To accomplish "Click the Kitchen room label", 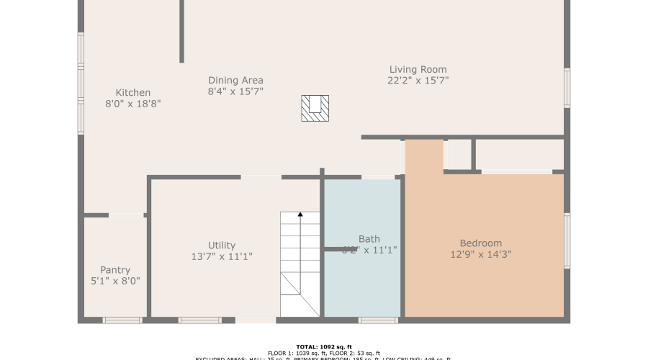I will pyautogui.click(x=133, y=92).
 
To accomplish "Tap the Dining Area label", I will pyautogui.click(x=235, y=80).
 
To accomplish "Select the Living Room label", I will pyautogui.click(x=418, y=69).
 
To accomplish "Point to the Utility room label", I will pyautogui.click(x=221, y=246).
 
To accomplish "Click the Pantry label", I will pyautogui.click(x=115, y=270).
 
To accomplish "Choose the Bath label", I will pyautogui.click(x=369, y=239).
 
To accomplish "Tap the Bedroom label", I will pyautogui.click(x=481, y=243).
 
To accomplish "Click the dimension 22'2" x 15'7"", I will pyautogui.click(x=418, y=81).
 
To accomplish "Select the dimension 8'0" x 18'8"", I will pyautogui.click(x=133, y=104).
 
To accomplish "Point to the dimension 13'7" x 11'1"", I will pyautogui.click(x=221, y=256).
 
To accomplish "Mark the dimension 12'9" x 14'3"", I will pyautogui.click(x=481, y=254).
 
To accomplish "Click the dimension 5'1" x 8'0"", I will pyautogui.click(x=115, y=281).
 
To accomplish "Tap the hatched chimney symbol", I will pyautogui.click(x=315, y=108).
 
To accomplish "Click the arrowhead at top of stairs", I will pyautogui.click(x=300, y=215).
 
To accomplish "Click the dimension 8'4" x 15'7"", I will pyautogui.click(x=235, y=91).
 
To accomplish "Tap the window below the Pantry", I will pyautogui.click(x=122, y=320).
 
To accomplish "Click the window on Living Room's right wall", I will pyautogui.click(x=567, y=88).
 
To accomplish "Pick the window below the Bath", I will pyautogui.click(x=378, y=320).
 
